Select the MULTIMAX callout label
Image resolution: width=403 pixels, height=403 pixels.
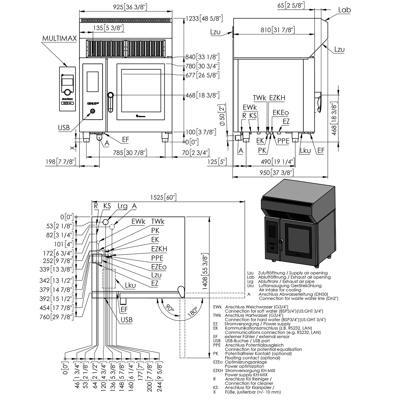pyautogui.click(x=59, y=38)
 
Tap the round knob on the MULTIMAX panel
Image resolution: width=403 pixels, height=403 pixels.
pyautogui.click(x=67, y=92)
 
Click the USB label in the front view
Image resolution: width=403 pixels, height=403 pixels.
pyautogui.click(x=64, y=128)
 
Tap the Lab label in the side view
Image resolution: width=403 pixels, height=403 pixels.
pyautogui.click(x=344, y=10)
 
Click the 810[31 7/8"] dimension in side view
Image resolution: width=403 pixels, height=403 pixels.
pyautogui.click(x=278, y=30)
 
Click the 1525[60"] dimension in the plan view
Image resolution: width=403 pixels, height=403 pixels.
pyautogui.click(x=163, y=197)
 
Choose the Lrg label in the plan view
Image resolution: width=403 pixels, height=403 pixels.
pyautogui.click(x=123, y=206)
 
